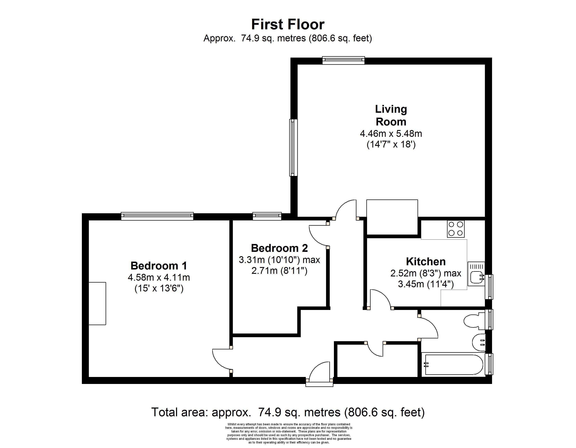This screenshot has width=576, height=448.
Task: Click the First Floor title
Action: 288,25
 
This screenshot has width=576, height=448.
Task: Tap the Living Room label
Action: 391,116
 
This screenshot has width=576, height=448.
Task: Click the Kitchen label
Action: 426,262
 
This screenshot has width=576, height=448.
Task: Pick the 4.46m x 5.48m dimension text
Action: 391,134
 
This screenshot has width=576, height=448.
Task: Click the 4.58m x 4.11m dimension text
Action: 159,277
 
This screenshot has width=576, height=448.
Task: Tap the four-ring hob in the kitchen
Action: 456,229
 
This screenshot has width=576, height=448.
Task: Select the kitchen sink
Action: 476,274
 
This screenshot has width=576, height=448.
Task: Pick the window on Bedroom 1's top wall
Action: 157,216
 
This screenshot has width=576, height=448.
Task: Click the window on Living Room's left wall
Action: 293,147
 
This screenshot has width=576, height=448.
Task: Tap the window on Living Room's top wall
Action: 343,60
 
